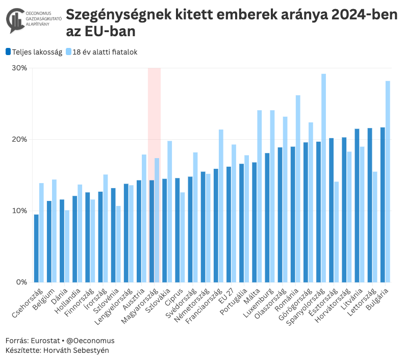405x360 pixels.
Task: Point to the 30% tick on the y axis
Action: pos(20,68)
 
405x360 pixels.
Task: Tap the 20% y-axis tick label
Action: pos(20,139)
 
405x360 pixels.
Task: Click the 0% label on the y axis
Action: pos(22,282)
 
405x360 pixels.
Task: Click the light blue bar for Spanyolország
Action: pos(323,178)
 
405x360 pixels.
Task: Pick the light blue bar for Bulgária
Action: pos(388,182)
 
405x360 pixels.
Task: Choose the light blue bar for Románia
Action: pos(298,189)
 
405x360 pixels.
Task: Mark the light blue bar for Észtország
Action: pos(337,232)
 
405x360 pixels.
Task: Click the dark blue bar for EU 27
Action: pos(229,224)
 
